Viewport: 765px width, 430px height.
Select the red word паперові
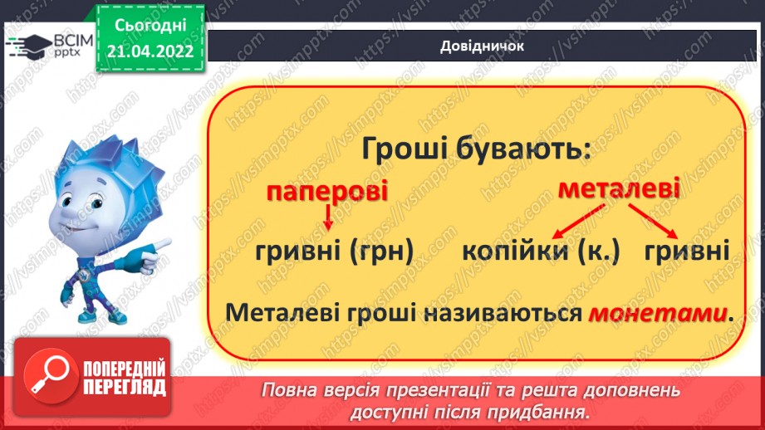(327, 193)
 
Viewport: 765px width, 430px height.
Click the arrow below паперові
(328, 218)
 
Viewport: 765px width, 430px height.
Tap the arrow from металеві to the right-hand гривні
(661, 222)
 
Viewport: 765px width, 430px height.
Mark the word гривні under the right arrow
(685, 251)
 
